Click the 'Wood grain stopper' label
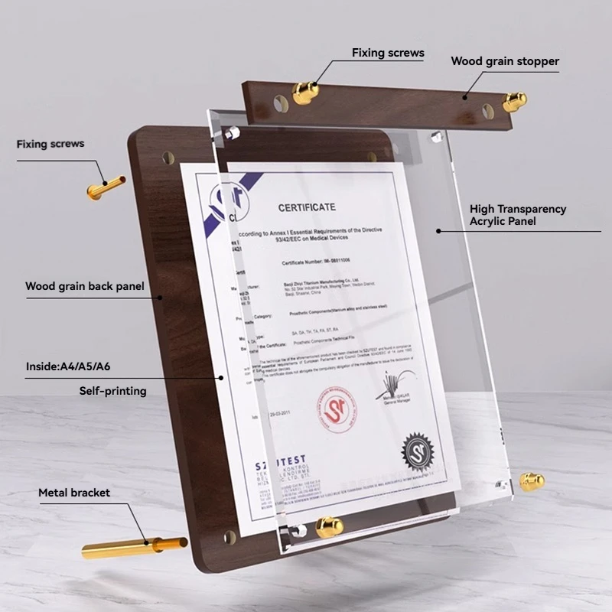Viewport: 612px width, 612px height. tap(505, 61)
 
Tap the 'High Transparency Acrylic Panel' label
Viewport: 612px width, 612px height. tap(518, 215)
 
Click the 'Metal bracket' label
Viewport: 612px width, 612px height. tap(74, 493)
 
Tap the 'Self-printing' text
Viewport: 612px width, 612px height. tap(112, 391)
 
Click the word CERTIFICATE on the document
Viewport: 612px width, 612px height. tap(307, 207)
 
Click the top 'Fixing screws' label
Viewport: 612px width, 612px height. tap(388, 53)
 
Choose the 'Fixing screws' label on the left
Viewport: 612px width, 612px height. tap(50, 144)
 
